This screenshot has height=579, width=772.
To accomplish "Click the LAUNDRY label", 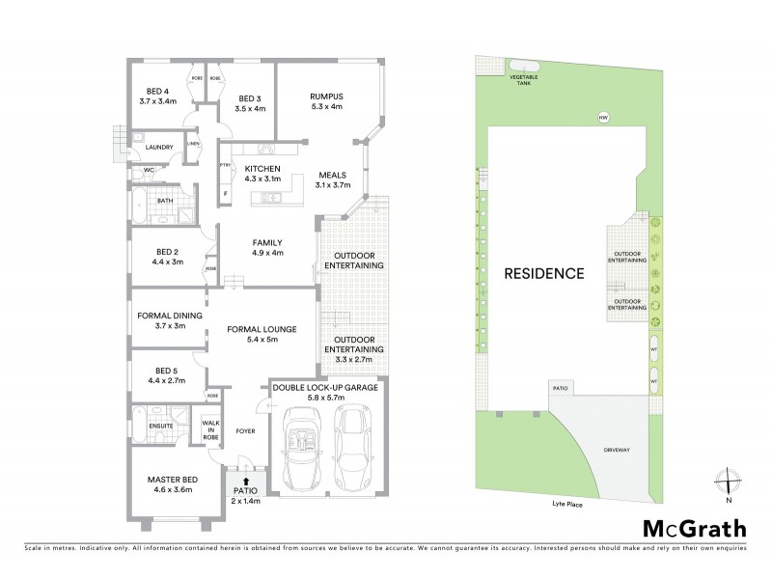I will (x=158, y=148).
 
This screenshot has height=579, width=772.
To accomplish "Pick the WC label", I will (x=149, y=171).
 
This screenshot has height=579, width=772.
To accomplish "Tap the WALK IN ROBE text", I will (x=209, y=428).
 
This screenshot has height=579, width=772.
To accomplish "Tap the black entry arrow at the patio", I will (x=246, y=480).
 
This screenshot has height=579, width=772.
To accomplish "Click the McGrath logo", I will (x=694, y=528).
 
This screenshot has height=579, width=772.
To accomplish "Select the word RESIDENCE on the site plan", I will (x=544, y=273).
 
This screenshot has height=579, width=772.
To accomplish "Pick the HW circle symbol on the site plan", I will (x=603, y=118).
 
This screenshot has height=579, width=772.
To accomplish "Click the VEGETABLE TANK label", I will (x=525, y=79).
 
